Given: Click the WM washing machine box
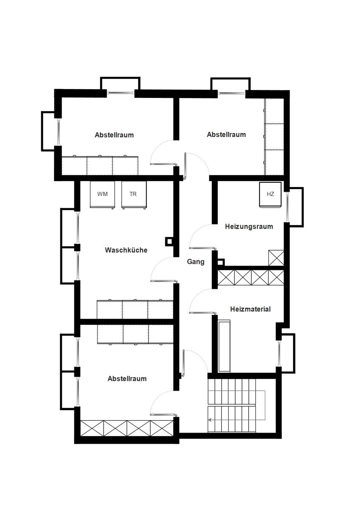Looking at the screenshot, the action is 102,195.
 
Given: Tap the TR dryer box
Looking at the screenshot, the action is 134,195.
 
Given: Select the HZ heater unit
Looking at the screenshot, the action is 270,195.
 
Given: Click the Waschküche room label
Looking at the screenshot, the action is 126,250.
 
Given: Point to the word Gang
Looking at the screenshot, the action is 195,262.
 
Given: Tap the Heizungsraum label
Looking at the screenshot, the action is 249,227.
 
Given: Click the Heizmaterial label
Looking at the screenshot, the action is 250,309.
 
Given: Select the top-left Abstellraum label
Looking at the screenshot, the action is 114,135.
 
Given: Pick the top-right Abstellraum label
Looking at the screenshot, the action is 226,134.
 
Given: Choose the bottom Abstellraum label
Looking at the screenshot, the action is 127,378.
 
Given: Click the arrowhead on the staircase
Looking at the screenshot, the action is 210,420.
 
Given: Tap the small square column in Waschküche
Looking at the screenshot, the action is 169,241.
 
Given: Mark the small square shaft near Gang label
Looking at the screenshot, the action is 221,263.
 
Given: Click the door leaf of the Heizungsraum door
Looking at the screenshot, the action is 202,247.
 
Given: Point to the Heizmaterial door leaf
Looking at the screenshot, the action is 202,313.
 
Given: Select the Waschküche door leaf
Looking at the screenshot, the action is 164,281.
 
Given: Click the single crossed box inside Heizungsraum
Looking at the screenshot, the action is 276,258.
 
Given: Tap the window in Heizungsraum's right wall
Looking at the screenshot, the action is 287,207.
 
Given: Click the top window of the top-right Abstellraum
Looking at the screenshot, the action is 231,93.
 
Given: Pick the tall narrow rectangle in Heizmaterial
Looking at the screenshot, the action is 224,346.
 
